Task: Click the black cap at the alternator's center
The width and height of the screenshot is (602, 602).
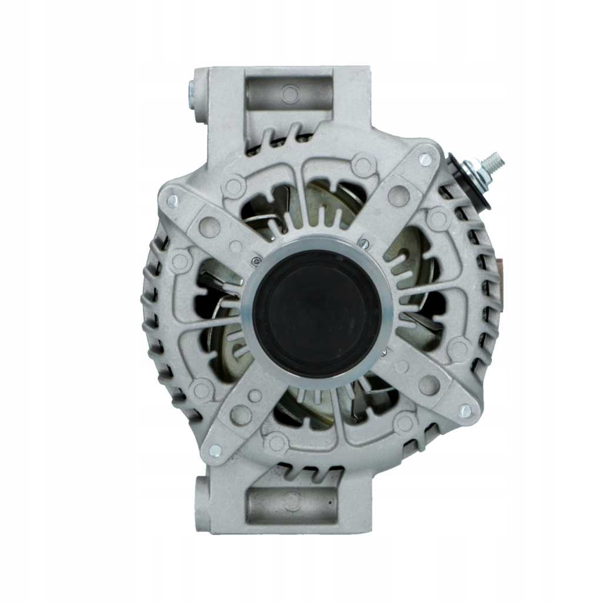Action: click(x=317, y=315)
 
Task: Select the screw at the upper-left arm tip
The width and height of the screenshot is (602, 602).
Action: click(x=172, y=200)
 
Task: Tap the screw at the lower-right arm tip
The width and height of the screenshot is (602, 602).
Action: click(x=465, y=411)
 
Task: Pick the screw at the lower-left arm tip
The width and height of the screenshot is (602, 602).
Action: click(x=215, y=450)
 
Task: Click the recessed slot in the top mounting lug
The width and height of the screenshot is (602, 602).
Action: click(x=288, y=93)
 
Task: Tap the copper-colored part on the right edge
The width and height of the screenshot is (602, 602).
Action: click(x=499, y=276)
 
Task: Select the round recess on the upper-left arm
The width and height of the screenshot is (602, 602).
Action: click(x=210, y=227)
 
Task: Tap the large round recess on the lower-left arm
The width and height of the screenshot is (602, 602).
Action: click(x=242, y=414)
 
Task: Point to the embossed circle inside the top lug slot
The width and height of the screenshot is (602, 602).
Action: click(x=290, y=92)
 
